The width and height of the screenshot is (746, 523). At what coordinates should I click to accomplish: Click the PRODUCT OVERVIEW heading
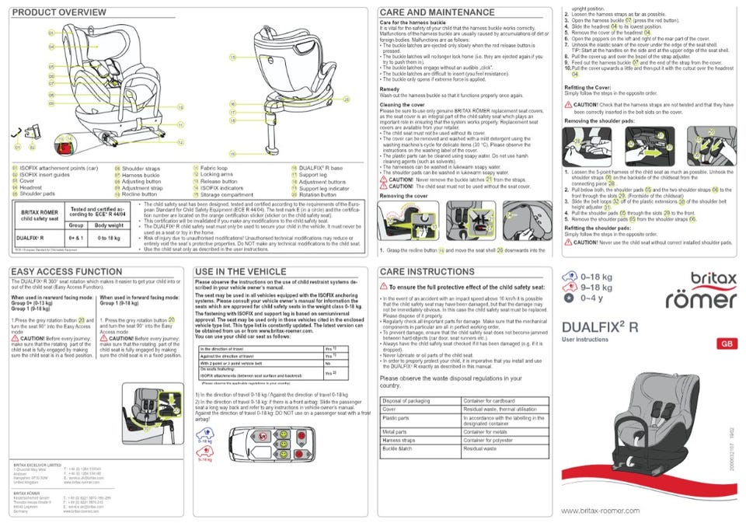[x=59, y=12]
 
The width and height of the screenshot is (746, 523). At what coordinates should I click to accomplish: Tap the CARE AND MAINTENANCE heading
[x=437, y=12]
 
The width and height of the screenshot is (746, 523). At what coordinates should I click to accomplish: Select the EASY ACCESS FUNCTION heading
[x=67, y=271]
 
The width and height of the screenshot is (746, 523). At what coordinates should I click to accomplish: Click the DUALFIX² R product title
[x=599, y=327]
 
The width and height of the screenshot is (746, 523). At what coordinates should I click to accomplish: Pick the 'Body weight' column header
[x=109, y=224]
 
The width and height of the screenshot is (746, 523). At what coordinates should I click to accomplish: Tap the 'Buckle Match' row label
[x=398, y=448]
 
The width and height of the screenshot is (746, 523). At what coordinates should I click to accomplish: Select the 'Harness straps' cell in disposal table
[x=399, y=440]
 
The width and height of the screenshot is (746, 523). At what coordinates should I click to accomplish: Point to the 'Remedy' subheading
[x=390, y=89]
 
